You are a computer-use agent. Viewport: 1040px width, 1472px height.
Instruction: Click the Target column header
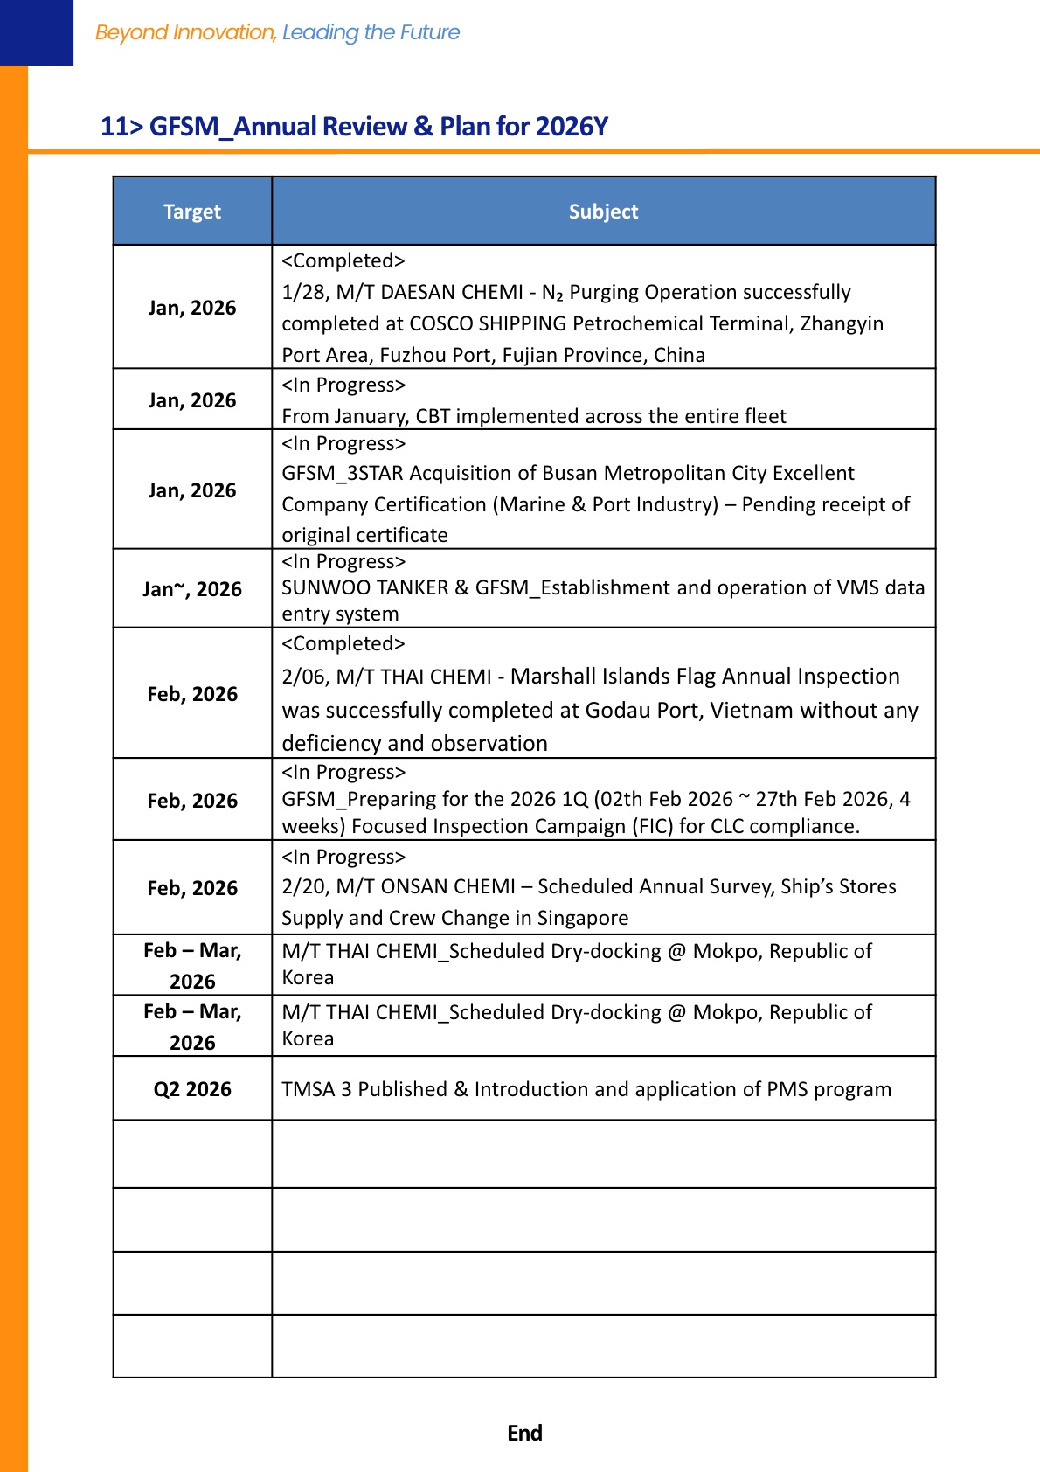(x=192, y=212)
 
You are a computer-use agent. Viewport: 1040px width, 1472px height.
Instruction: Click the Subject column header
(x=603, y=212)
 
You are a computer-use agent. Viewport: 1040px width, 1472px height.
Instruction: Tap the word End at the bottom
(x=524, y=1433)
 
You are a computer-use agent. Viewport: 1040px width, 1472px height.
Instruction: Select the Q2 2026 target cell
(x=192, y=1089)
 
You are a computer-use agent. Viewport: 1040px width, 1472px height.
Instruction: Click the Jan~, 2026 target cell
(x=192, y=589)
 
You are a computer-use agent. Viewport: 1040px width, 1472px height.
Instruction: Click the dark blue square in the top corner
(x=37, y=32)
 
